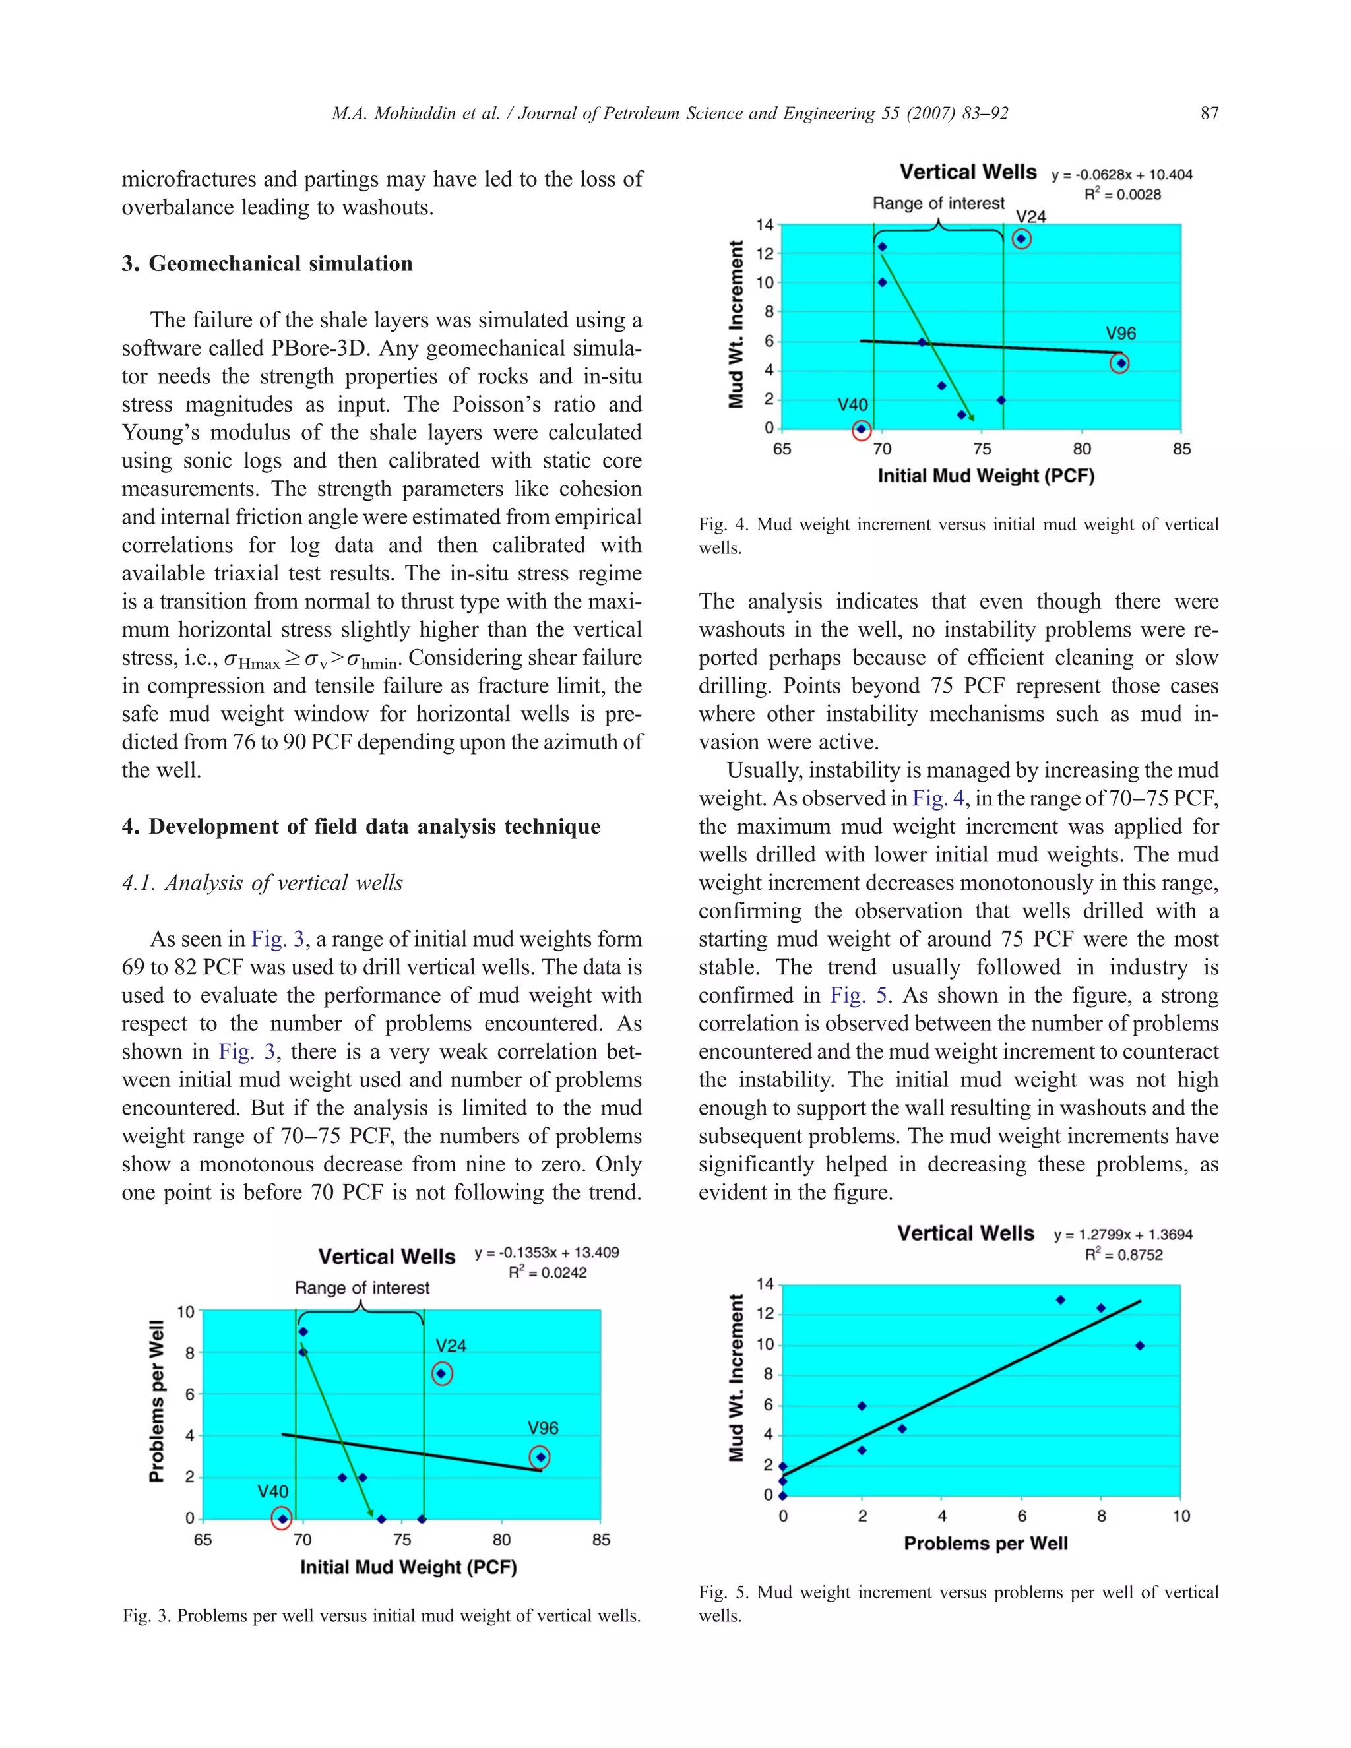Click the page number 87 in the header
[x=1209, y=113]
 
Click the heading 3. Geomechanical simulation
[x=267, y=263]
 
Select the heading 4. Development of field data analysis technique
[x=361, y=827]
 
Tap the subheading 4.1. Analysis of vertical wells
[x=263, y=883]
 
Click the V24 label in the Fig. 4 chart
[x=1031, y=217]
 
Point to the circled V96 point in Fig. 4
[x=1121, y=363]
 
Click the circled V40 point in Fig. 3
[x=282, y=1518]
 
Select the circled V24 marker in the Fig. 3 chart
[x=442, y=1373]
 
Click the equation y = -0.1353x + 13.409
[x=547, y=1253]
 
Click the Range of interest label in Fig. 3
[x=361, y=1288]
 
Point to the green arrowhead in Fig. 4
[x=971, y=417]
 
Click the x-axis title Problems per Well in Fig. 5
[x=986, y=1543]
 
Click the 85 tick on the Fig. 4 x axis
[x=1181, y=449]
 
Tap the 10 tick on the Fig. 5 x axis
[x=1181, y=1516]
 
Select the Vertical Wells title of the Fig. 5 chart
[x=965, y=1233]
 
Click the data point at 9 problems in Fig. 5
[x=1140, y=1346]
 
